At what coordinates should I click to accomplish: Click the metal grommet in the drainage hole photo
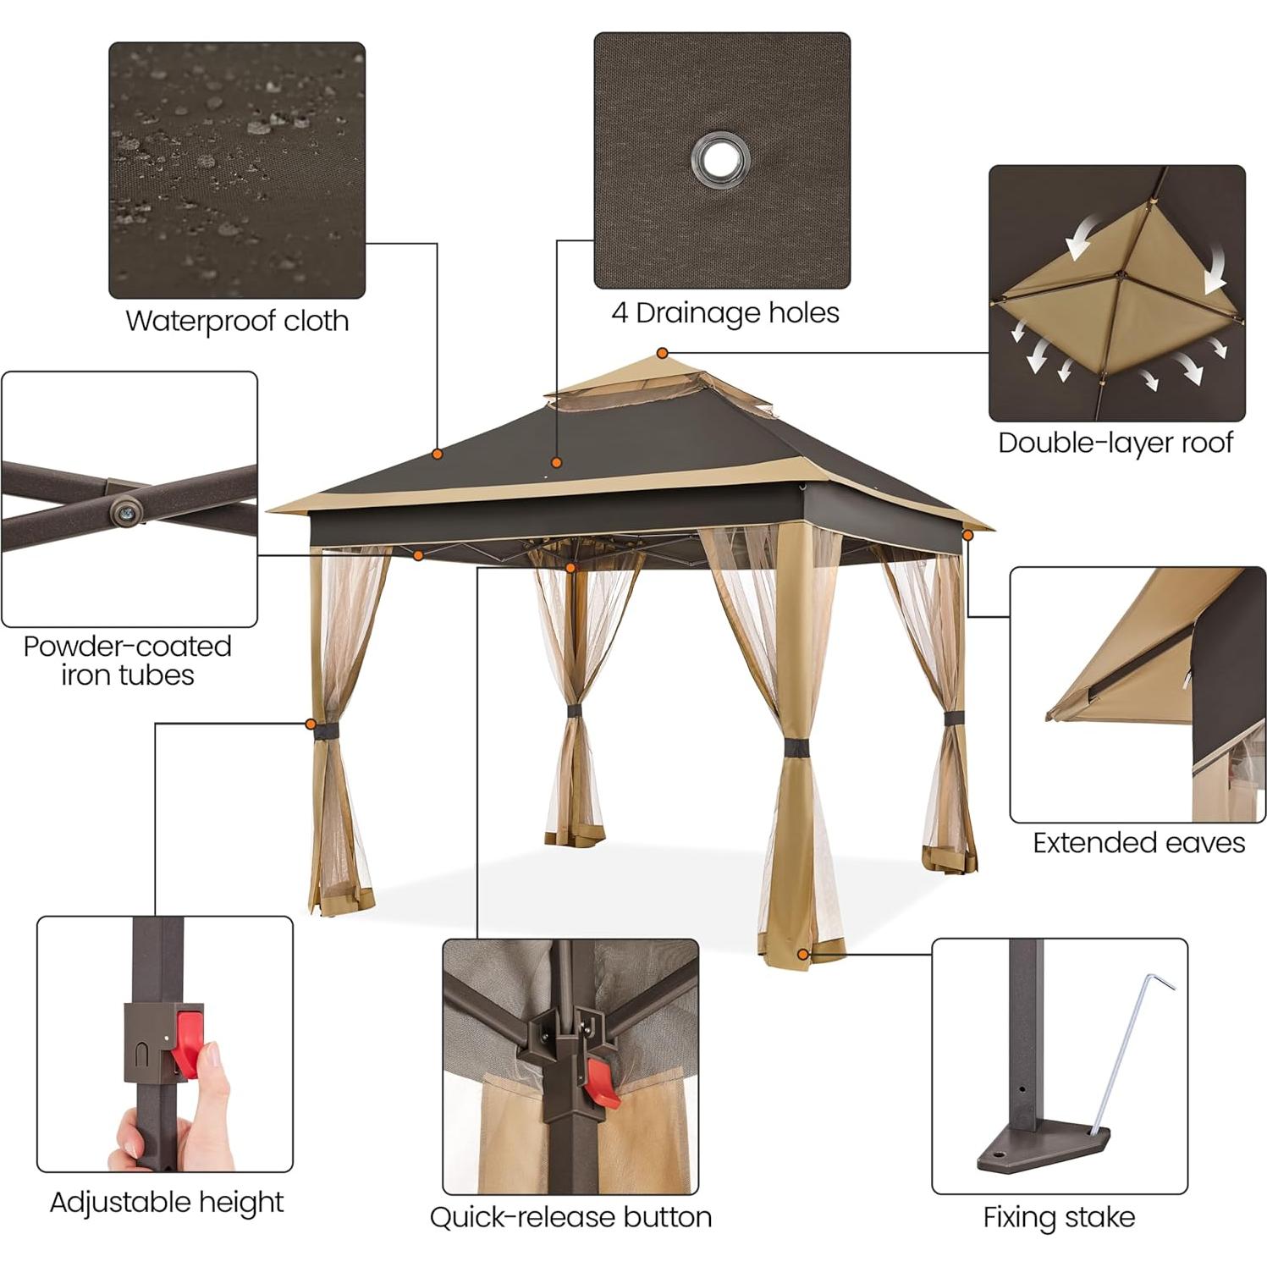[x=720, y=158]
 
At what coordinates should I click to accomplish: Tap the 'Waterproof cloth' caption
[x=237, y=321]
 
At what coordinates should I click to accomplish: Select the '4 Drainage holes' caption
[x=725, y=313]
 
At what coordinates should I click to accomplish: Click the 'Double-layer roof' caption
[x=1116, y=443]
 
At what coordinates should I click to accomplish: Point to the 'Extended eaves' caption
[x=1138, y=843]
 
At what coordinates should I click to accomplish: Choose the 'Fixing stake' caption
[x=1059, y=1217]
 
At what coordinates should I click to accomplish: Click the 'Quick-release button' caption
[x=570, y=1217]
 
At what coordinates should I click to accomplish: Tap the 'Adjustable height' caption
[x=167, y=1202]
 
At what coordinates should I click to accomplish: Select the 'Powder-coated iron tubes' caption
[x=128, y=660]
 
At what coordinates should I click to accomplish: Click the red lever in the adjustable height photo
[x=188, y=1038]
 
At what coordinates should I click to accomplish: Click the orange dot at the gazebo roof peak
[x=663, y=353]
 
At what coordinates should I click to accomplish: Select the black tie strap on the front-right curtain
[x=796, y=749]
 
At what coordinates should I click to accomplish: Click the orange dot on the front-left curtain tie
[x=311, y=724]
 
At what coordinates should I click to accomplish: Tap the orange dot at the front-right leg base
[x=802, y=954]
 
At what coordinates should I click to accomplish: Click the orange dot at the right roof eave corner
[x=968, y=535]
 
